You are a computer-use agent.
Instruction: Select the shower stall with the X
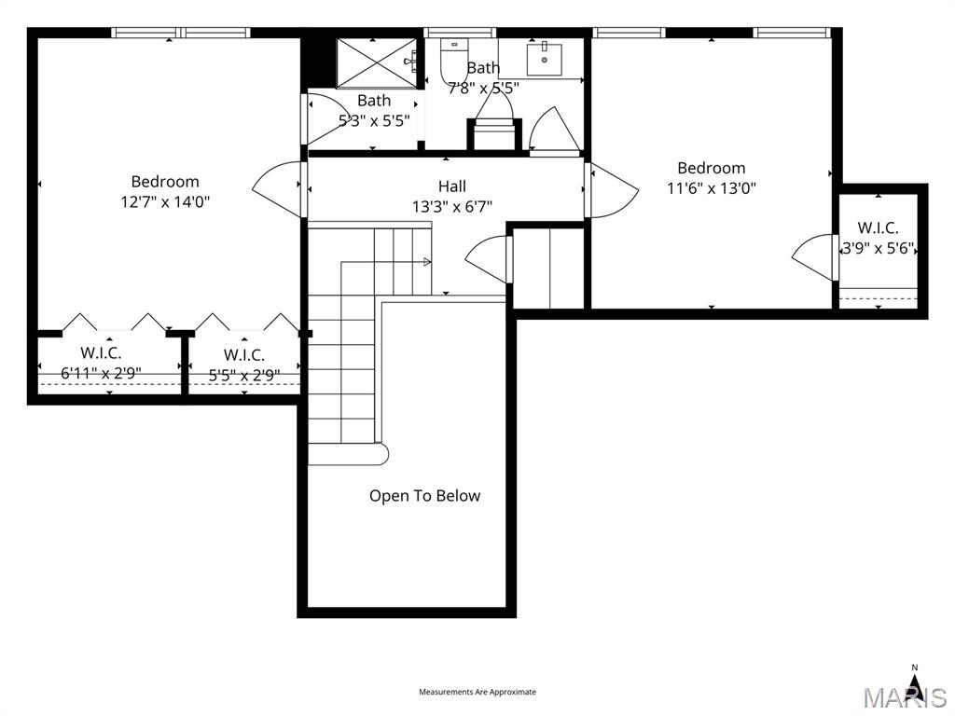coord(375,62)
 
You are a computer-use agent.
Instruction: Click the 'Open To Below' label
coord(424,496)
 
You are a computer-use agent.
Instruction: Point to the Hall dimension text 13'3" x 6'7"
coord(452,207)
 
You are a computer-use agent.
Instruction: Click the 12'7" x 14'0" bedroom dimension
coord(165,201)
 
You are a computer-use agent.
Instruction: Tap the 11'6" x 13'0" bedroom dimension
coord(711,187)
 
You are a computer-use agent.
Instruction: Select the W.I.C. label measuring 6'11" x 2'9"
coord(101,353)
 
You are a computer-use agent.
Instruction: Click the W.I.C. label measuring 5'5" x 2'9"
coord(244,355)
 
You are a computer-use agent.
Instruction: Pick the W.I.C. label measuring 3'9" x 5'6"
coord(879,228)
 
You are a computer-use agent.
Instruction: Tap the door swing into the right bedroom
coord(611,191)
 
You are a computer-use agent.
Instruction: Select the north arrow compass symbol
coord(915,685)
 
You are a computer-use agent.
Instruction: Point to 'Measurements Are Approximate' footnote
coord(477,692)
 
